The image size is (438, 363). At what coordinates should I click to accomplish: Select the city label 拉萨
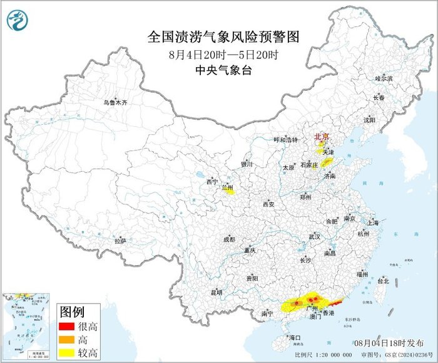coord(120,240)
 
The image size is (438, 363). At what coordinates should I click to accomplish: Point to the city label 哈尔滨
coord(383,79)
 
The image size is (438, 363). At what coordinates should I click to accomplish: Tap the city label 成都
coord(229,239)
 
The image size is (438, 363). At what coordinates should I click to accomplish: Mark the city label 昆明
coord(216,292)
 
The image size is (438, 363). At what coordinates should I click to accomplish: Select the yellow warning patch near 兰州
coord(229,191)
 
